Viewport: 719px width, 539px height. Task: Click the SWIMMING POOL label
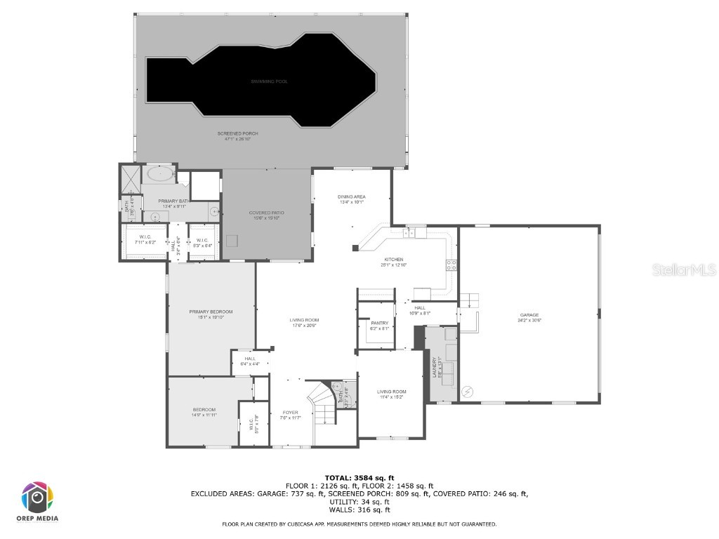pos(270,81)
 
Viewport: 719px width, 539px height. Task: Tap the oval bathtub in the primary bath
pos(161,173)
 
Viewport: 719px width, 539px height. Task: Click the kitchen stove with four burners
pos(451,265)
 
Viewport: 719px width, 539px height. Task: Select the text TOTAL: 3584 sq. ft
pos(359,478)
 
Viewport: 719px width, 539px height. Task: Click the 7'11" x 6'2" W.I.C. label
pos(145,239)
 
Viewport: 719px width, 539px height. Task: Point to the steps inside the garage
pos(470,300)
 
